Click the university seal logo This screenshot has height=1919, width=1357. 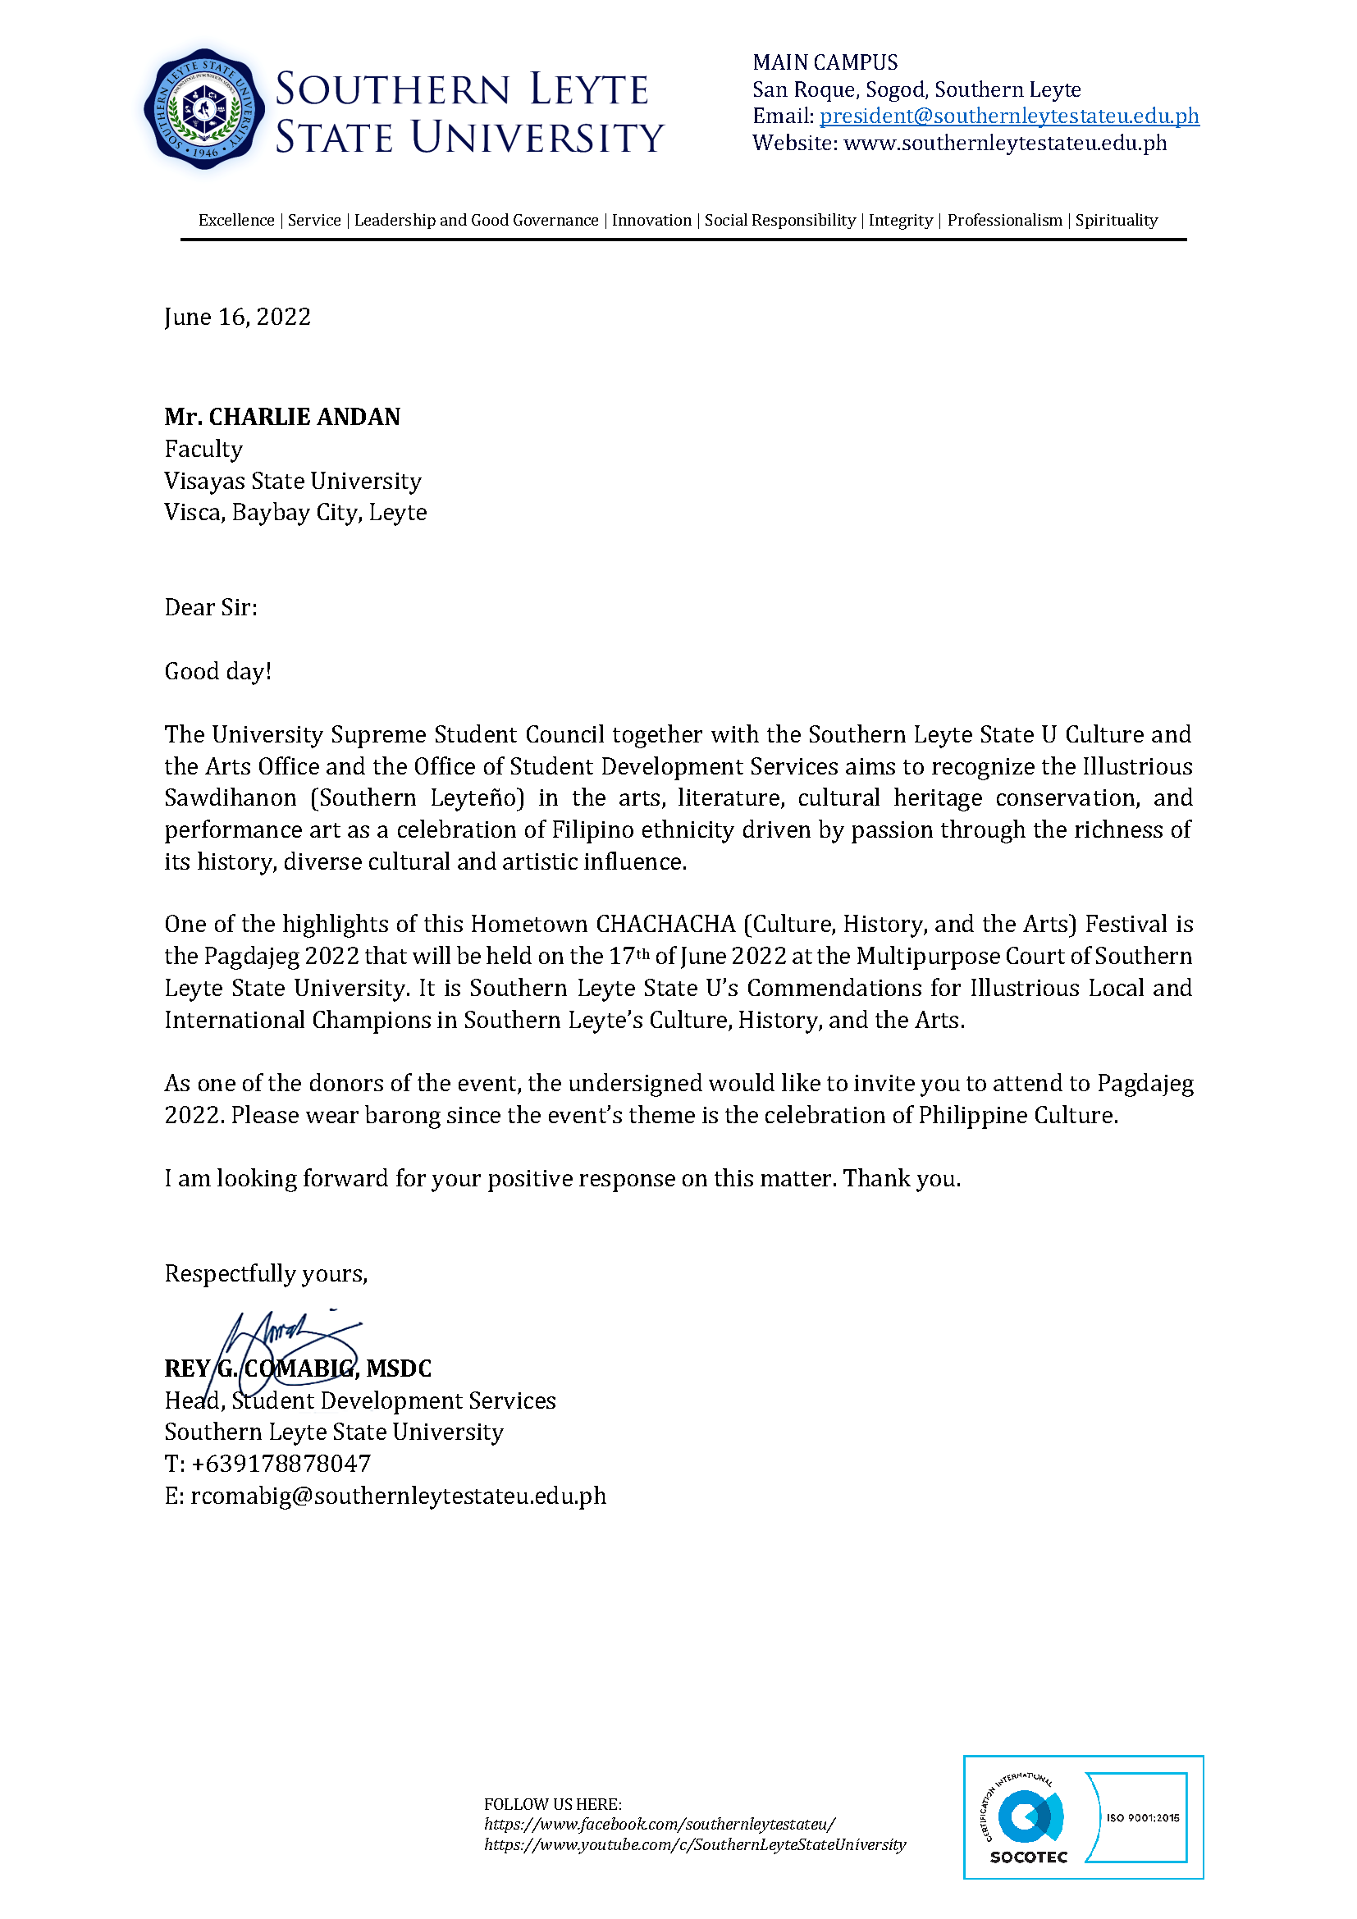coord(204,109)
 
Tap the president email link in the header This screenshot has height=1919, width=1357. coord(1008,117)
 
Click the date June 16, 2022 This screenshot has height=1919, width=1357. coord(237,317)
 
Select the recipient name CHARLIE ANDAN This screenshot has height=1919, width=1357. coord(304,416)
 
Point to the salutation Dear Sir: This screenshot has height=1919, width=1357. coord(211,607)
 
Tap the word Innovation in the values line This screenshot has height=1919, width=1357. coord(651,220)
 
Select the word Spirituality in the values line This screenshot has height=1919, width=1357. coord(1117,220)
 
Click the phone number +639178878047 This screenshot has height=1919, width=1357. coord(281,1464)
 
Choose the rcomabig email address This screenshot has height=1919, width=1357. coord(398,1496)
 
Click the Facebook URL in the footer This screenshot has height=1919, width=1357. coord(660,1824)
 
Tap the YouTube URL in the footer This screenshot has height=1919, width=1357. coord(694,1844)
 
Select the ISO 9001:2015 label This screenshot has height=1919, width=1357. coord(1142,1818)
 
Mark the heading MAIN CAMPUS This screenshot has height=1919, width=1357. coord(825,62)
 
